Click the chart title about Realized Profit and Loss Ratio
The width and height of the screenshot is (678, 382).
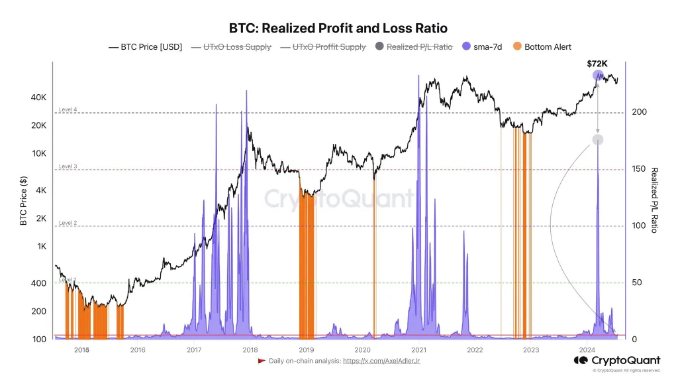tap(338, 28)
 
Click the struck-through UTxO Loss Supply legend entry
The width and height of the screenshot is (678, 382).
tap(230, 47)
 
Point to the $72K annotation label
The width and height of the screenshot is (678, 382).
tap(597, 64)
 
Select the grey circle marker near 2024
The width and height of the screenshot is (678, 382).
tap(598, 139)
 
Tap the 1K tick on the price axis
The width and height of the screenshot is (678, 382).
tap(41, 246)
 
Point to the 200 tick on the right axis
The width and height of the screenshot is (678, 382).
tap(640, 113)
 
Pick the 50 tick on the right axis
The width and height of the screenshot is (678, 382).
tap(638, 283)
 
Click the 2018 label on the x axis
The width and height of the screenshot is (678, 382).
tap(250, 350)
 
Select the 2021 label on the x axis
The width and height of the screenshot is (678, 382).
tap(418, 350)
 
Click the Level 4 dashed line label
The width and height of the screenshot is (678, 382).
tap(68, 109)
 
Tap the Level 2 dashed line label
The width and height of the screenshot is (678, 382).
tap(68, 223)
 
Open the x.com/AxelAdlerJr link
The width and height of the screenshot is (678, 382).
tap(381, 361)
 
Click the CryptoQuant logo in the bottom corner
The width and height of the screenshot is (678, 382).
tap(616, 360)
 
